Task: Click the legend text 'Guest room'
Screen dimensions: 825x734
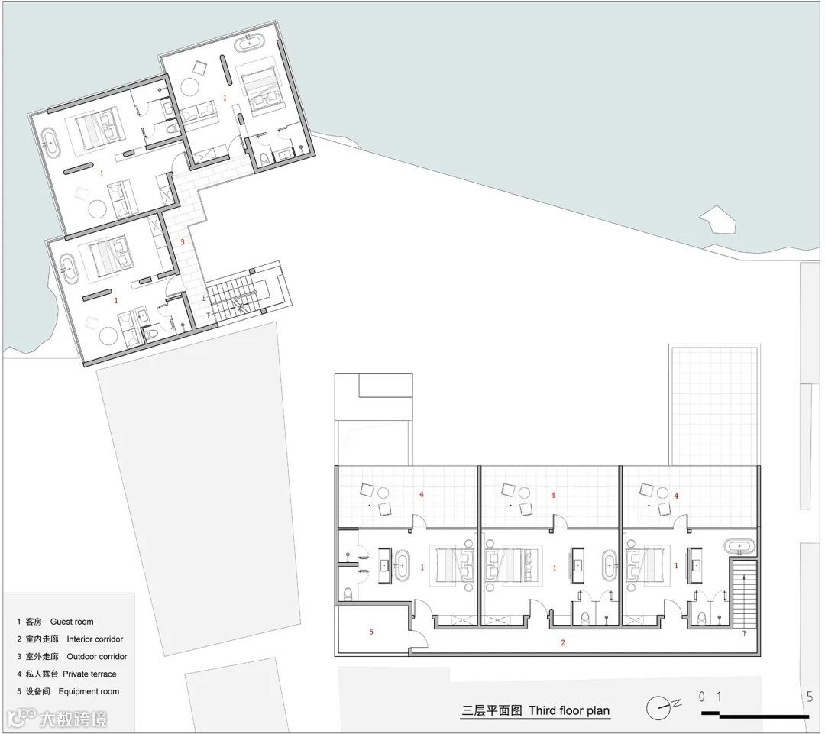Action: tap(72, 622)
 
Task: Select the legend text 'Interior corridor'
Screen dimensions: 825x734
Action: tap(95, 639)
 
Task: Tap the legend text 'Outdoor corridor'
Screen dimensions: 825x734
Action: tap(97, 656)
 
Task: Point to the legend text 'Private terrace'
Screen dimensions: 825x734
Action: tap(89, 674)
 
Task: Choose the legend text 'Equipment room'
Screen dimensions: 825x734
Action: tap(89, 691)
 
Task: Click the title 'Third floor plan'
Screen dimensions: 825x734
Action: tap(569, 710)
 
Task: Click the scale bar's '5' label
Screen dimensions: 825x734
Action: tap(810, 696)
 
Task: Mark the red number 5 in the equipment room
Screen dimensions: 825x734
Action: tap(371, 632)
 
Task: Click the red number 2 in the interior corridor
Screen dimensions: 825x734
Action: tap(563, 642)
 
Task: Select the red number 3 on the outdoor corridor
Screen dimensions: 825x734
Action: tap(183, 242)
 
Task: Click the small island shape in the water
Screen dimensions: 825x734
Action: tap(717, 219)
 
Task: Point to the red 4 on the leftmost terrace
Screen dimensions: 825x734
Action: tap(422, 494)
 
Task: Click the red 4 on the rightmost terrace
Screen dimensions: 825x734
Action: tap(676, 495)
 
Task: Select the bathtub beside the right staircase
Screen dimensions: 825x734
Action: tap(740, 547)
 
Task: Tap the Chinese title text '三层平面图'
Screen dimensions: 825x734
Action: tap(492, 710)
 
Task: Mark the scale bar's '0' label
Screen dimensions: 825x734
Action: tap(702, 696)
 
